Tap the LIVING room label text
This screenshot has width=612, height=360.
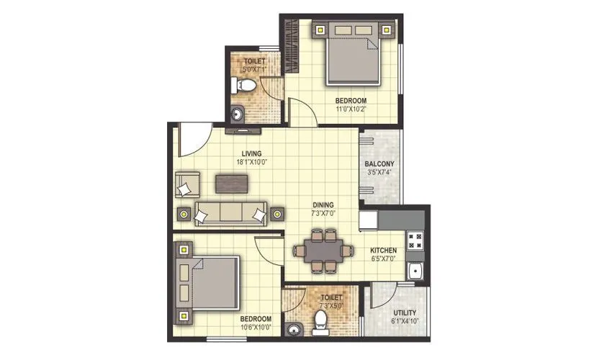click(251, 153)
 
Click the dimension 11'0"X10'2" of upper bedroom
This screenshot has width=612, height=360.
click(351, 109)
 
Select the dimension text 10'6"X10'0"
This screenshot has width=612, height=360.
click(256, 328)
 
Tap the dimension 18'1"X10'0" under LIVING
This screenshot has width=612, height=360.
click(251, 163)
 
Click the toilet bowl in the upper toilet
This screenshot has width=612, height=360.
click(245, 86)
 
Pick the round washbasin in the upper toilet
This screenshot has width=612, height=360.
click(238, 113)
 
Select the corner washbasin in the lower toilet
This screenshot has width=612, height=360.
click(293, 329)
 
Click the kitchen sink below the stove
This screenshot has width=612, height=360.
click(415, 272)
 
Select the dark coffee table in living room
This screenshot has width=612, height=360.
click(231, 184)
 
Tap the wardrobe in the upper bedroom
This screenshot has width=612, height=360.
click(292, 46)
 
